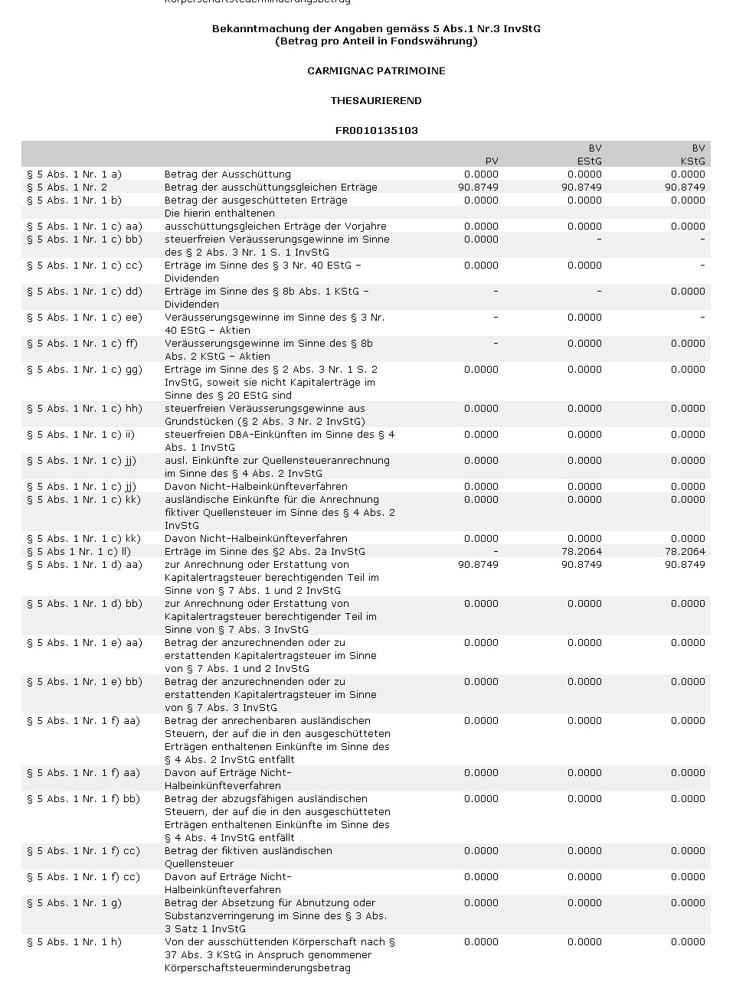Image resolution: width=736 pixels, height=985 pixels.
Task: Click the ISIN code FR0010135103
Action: [376, 131]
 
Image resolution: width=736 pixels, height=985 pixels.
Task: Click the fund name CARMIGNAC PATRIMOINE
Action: [376, 71]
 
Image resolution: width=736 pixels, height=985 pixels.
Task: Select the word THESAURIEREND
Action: [376, 101]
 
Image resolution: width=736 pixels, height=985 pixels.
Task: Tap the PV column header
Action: [492, 161]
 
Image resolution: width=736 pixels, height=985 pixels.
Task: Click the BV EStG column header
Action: [589, 155]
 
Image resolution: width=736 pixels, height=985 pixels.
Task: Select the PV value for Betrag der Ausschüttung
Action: [481, 174]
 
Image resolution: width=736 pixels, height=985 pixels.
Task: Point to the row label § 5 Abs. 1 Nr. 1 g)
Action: [74, 903]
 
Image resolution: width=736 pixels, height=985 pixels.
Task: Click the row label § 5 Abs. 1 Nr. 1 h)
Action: [74, 942]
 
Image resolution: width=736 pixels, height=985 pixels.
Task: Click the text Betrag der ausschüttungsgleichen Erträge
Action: [270, 188]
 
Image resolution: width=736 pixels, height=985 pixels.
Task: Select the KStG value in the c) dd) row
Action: [688, 292]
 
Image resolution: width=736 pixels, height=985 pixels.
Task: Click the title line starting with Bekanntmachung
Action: [376, 29]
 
